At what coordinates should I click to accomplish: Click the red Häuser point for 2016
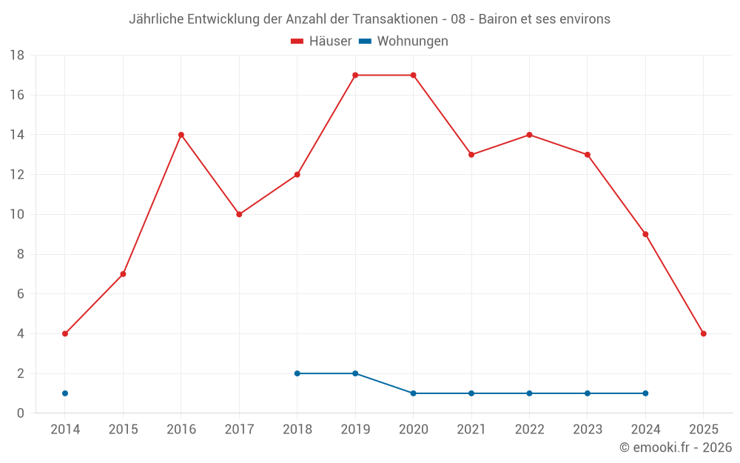pos(181,135)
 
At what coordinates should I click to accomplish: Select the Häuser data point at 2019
pos(355,75)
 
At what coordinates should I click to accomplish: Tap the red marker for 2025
pos(703,333)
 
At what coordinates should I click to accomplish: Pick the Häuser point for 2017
pos(239,214)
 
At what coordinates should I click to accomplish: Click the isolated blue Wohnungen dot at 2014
pos(65,393)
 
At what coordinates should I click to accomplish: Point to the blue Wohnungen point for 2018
pos(297,373)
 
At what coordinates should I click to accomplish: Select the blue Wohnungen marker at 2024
pos(645,393)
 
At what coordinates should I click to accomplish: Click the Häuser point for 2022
pos(529,135)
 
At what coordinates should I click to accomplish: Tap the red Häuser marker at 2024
pos(645,234)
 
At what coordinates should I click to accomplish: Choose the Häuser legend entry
pos(321,41)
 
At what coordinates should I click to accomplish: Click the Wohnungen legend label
pos(412,41)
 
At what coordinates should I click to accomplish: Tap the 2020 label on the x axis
pos(413,430)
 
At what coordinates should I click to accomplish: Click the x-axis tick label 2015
pos(123,430)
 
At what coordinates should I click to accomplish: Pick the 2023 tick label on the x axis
pos(587,430)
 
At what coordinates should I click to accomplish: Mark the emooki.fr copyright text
pos(675,447)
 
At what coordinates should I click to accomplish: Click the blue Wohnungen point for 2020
pos(413,393)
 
